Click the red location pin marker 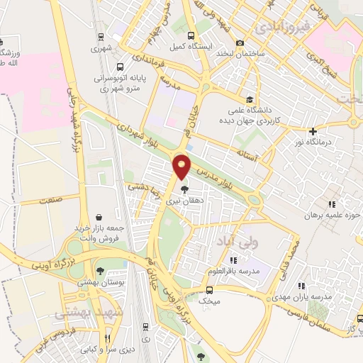click(x=182, y=165)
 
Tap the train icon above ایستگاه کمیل click(x=190, y=35)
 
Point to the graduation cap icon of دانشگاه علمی click(x=248, y=99)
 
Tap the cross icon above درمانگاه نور click(x=313, y=131)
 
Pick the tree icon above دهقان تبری click(x=185, y=190)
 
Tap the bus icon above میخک click(x=209, y=289)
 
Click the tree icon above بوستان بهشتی click(x=101, y=270)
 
